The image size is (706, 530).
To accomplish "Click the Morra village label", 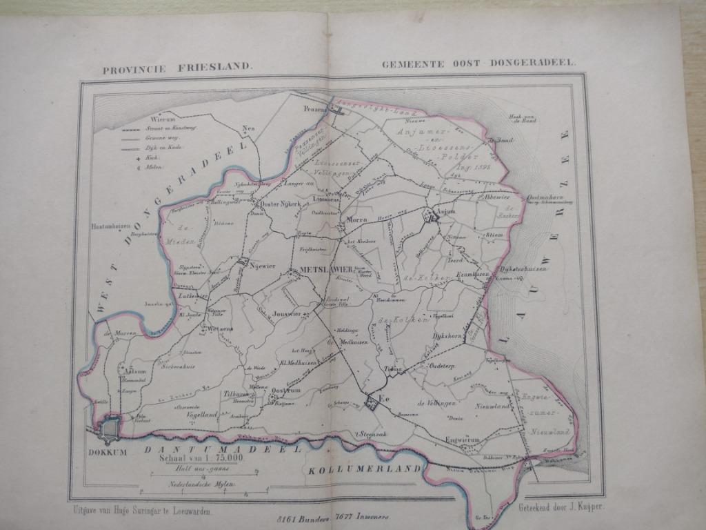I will tap(357, 219).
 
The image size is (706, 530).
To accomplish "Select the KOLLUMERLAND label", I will tap(364, 469).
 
